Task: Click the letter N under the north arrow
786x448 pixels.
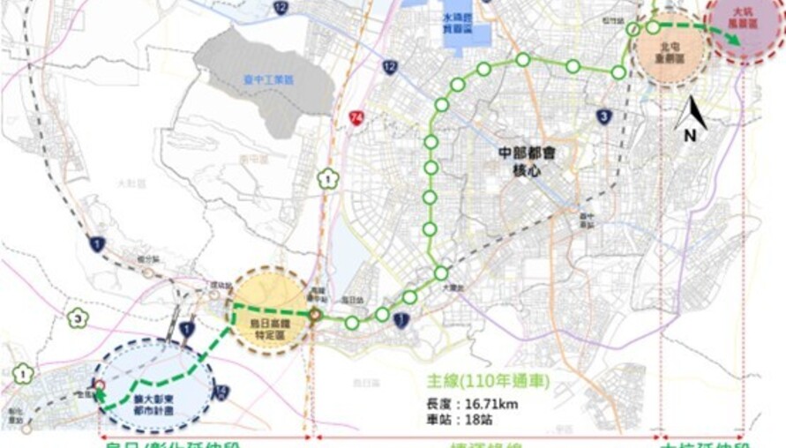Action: click(x=691, y=135)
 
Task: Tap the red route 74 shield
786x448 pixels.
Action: click(x=356, y=117)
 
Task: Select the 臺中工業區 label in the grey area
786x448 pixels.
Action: click(x=269, y=79)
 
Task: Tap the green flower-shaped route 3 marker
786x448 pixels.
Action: click(x=79, y=317)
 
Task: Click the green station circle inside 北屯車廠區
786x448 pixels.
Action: click(x=652, y=27)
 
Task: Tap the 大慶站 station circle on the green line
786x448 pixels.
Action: click(x=440, y=273)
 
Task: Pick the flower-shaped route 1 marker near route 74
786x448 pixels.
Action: click(x=327, y=178)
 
